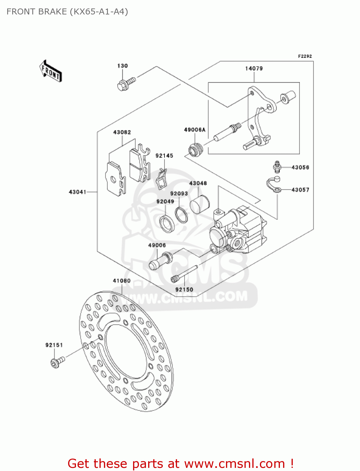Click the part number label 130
coord(122,66)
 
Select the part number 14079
coord(254,68)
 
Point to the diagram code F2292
coord(305,56)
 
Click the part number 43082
coord(122,133)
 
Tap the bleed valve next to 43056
coord(277,167)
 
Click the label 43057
coord(300,190)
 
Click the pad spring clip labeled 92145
coord(162,179)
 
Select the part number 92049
coord(165,202)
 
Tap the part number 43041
coord(78,192)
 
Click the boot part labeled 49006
coord(160,261)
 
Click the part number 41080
coord(121,281)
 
